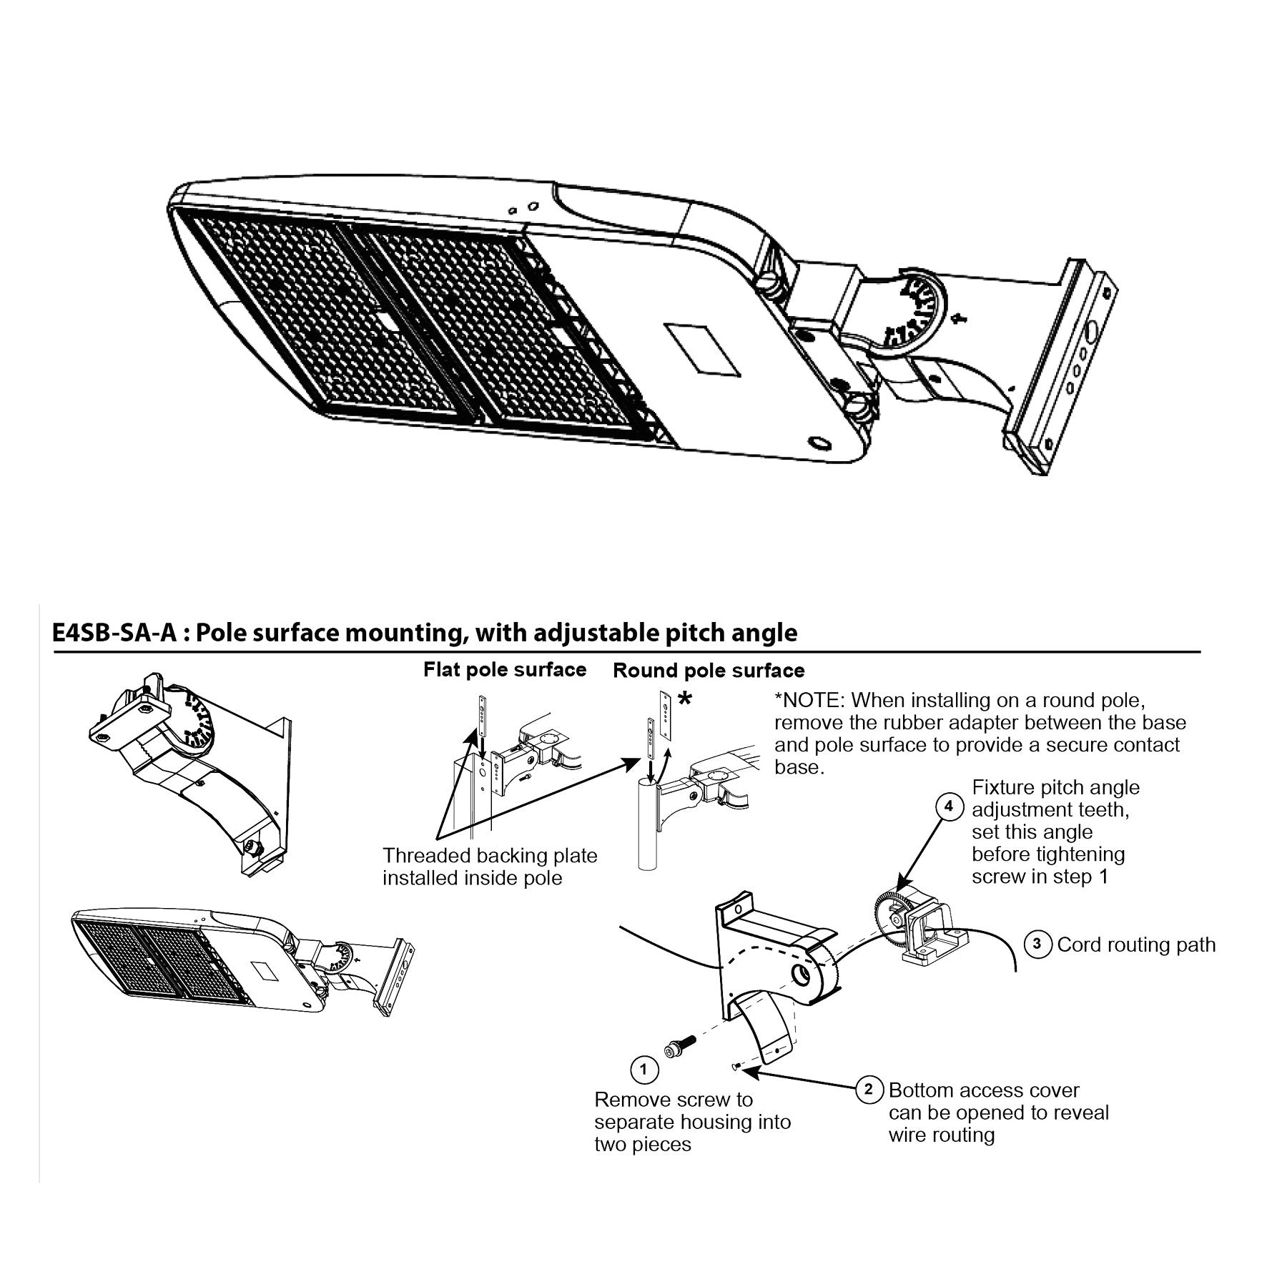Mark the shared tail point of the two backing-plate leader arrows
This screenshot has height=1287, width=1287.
click(437, 837)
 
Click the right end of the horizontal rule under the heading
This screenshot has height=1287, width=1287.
click(1200, 652)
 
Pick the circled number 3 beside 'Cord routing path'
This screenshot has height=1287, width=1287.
click(1037, 945)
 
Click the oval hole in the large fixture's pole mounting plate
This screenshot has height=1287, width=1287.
click(1093, 332)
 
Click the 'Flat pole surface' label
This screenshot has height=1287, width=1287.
click(505, 669)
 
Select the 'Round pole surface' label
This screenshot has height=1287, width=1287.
click(709, 671)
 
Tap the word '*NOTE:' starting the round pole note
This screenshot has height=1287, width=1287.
click(810, 700)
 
